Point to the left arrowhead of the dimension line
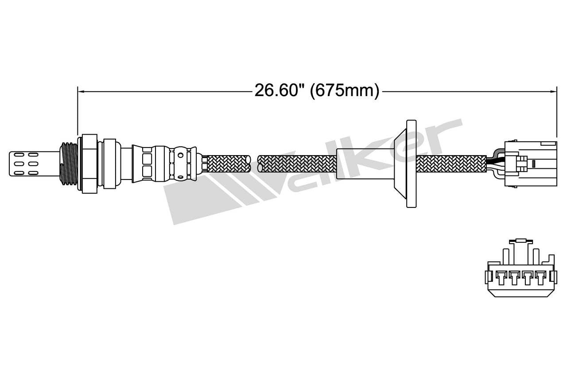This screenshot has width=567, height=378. pyautogui.click(x=81, y=92)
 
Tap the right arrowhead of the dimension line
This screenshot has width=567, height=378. pyautogui.click(x=553, y=92)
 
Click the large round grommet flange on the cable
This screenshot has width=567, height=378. pyautogui.click(x=411, y=163)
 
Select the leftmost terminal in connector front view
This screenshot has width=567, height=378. pyautogui.click(x=501, y=278)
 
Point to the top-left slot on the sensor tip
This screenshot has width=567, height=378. pyautogui.click(x=19, y=155)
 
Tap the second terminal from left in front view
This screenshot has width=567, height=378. pyautogui.click(x=514, y=278)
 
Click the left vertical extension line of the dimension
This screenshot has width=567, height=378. pyautogui.click(x=78, y=111)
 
